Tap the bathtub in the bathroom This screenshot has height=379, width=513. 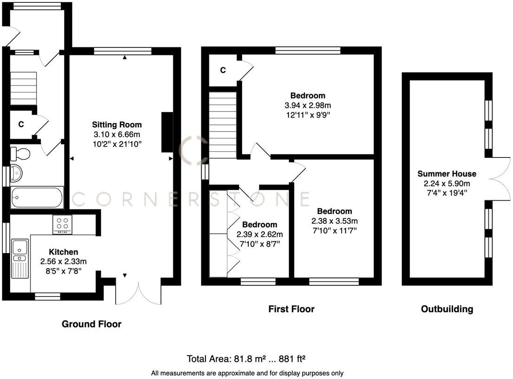[37, 197]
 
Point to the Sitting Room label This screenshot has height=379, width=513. [117, 124]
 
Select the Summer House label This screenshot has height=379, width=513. [447, 174]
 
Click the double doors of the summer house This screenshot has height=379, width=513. [500, 179]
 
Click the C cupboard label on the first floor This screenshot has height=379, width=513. [223, 70]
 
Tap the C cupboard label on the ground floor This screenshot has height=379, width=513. [21, 124]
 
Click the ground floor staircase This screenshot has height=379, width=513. [23, 88]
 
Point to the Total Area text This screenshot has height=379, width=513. [246, 359]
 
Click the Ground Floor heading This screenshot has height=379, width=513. [92, 324]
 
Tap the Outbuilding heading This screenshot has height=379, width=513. [447, 309]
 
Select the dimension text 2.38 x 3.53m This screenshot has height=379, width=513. [335, 221]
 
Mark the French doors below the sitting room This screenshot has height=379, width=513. [138, 293]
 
